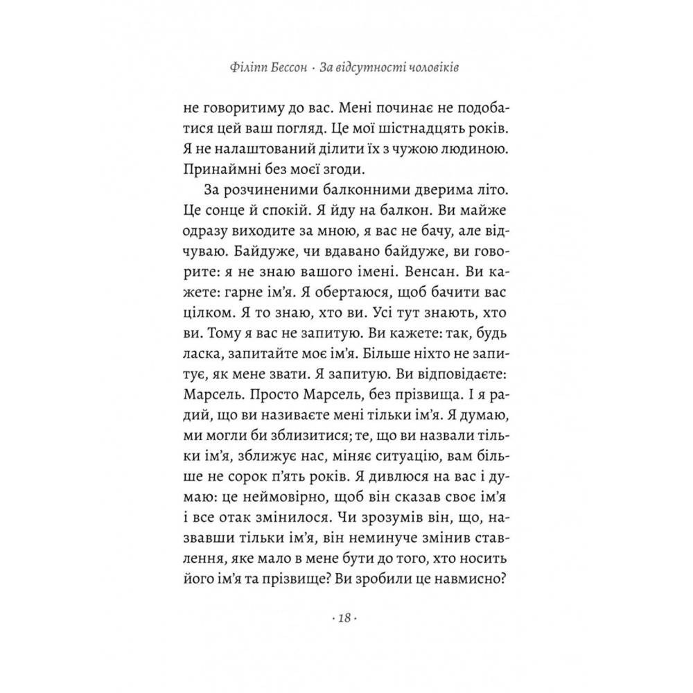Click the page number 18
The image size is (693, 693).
tap(346, 618)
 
